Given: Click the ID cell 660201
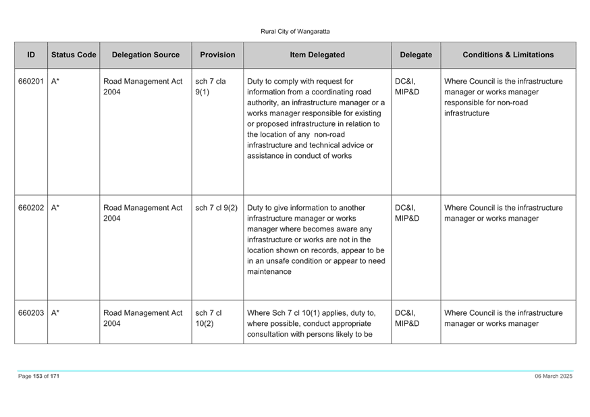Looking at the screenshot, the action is pyautogui.click(x=31, y=81).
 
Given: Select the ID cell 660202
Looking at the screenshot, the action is pyautogui.click(x=31, y=208).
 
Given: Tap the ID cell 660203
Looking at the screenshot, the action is pyautogui.click(x=31, y=313).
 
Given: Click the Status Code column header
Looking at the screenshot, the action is pyautogui.click(x=74, y=55).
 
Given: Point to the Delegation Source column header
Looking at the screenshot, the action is pyautogui.click(x=146, y=55).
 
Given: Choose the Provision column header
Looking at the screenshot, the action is pyautogui.click(x=217, y=55).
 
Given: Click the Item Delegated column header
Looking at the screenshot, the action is pyautogui.click(x=317, y=55).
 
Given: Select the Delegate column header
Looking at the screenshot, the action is pyautogui.click(x=416, y=55).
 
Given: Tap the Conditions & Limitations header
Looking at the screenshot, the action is pyautogui.click(x=508, y=55).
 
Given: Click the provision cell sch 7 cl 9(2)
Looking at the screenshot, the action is pyautogui.click(x=217, y=208).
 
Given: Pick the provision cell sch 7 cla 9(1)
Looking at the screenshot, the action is pyautogui.click(x=211, y=86).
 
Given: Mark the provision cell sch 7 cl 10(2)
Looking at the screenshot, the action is pyautogui.click(x=209, y=318).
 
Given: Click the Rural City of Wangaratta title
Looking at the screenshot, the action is pyautogui.click(x=295, y=32).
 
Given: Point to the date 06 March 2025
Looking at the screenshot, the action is pyautogui.click(x=554, y=376).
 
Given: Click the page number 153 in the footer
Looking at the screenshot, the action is pyautogui.click(x=38, y=376).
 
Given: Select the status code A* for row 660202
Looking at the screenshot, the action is pyautogui.click(x=55, y=208).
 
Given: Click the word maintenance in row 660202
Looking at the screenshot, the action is pyautogui.click(x=269, y=271).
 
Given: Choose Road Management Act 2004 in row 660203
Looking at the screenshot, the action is pyautogui.click(x=143, y=318).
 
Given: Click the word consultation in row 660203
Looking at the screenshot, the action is pyautogui.click(x=267, y=334).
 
